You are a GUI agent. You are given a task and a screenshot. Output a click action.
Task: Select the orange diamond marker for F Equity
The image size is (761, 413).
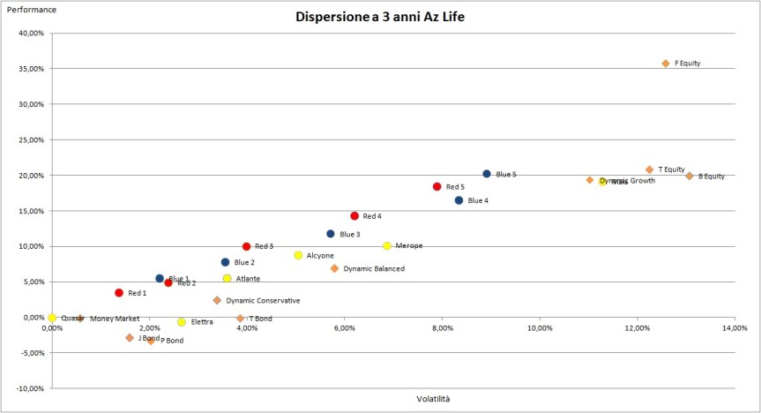click(x=666, y=64)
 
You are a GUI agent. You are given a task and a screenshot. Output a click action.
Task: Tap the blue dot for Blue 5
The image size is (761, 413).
click(x=487, y=174)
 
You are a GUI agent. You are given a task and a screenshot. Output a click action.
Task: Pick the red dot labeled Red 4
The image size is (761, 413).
click(x=354, y=215)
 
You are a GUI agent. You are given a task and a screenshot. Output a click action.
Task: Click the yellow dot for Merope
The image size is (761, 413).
click(x=387, y=245)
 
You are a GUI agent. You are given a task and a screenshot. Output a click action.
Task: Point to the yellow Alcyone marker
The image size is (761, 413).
click(x=298, y=255)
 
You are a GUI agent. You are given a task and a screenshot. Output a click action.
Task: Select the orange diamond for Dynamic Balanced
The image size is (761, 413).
click(x=334, y=268)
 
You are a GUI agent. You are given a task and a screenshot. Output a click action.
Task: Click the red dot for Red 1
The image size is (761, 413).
click(x=119, y=292)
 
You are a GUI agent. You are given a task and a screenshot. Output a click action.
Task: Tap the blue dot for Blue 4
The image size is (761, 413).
click(x=459, y=200)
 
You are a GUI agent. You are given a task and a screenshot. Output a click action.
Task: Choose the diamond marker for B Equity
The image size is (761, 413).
click(x=690, y=176)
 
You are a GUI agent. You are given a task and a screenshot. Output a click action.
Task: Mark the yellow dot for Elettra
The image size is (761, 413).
click(x=182, y=322)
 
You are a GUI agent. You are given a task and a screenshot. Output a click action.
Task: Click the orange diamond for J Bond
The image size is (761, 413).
click(x=130, y=338)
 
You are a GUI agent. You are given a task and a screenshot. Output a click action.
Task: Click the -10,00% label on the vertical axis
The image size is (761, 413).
click(x=29, y=389)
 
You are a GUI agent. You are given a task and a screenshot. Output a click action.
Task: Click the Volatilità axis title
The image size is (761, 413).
click(x=433, y=399)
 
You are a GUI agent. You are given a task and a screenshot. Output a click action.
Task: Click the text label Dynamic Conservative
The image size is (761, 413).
click(x=263, y=301)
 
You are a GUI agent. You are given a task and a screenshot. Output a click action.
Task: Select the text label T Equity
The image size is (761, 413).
click(x=671, y=169)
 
